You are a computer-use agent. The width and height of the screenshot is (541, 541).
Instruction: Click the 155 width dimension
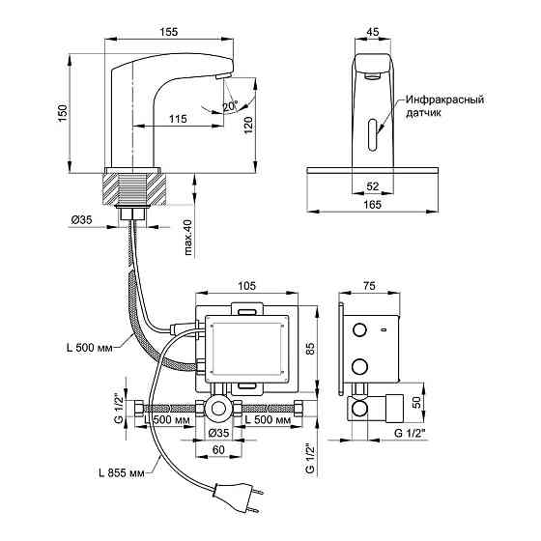169,32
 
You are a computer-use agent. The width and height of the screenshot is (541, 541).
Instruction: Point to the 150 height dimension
63,113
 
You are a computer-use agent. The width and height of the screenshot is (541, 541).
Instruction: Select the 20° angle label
230,106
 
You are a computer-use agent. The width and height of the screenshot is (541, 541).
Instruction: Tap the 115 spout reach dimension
178,119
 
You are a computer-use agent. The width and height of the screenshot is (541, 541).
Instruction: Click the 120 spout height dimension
248,125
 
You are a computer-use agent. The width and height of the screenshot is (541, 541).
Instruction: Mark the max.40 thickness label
187,238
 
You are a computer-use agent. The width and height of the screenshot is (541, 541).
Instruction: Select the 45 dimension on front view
373,32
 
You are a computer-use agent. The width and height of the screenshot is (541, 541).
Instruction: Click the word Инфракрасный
444,100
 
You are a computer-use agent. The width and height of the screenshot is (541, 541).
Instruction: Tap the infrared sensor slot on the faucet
373,134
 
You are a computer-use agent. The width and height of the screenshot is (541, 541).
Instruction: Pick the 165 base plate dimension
372,205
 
